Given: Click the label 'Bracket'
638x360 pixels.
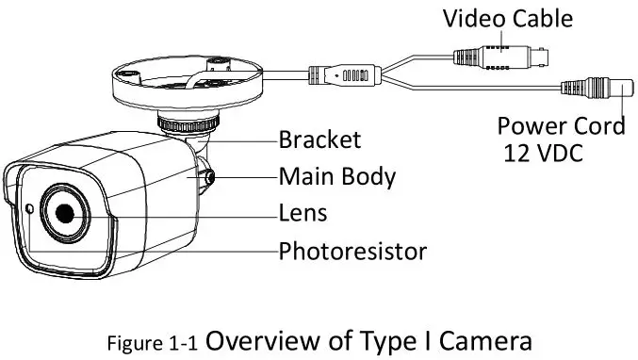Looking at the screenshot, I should [319, 140].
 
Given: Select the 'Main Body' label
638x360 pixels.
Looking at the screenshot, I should [336, 176].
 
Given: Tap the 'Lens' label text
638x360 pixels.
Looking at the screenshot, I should [303, 213].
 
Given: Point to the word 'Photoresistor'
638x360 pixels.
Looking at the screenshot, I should [352, 251].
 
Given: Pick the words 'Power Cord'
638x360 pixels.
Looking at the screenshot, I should [561, 125].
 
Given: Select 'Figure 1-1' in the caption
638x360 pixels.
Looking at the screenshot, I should [152, 340].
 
